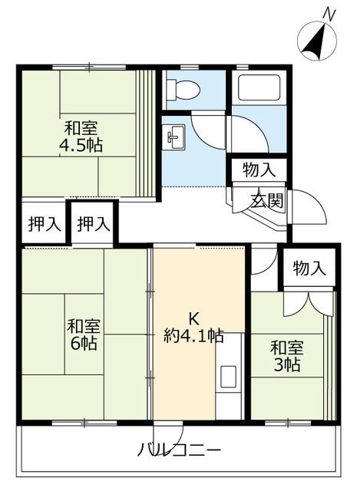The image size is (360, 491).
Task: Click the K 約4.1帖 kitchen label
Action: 194,327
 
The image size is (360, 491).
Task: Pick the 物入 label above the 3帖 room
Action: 309,268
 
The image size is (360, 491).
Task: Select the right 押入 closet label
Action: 94,224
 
